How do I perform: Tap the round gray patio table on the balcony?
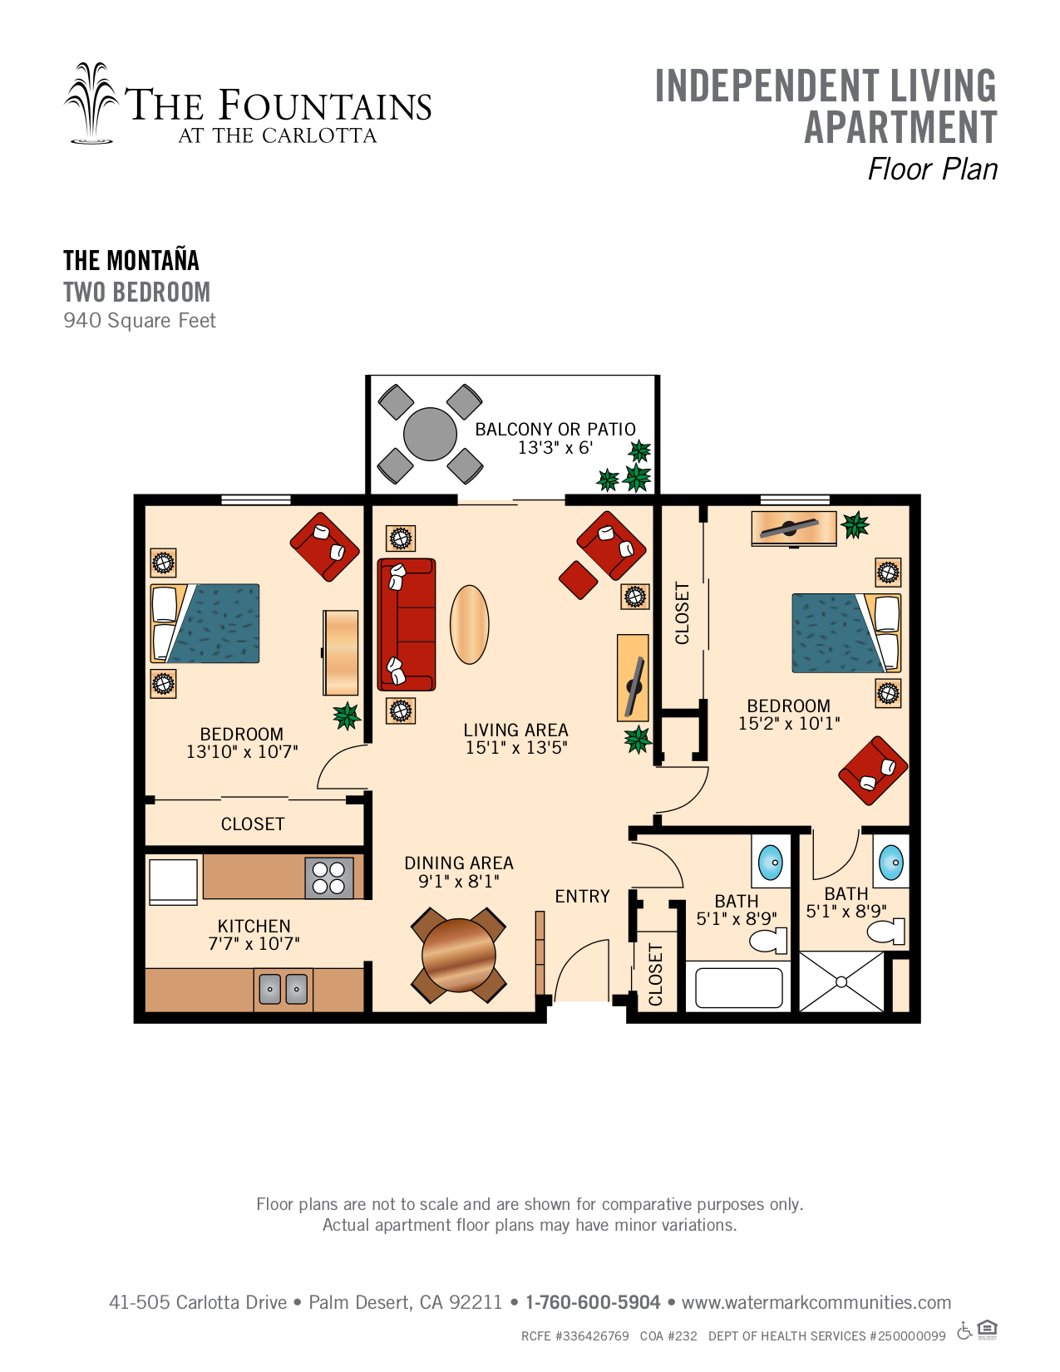point(430,434)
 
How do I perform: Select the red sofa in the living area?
point(407,624)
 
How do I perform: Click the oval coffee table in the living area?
point(469,624)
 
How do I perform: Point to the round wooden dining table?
point(458,955)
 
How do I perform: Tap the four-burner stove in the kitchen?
point(328,877)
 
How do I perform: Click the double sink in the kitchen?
point(283,988)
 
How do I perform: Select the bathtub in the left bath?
point(738,988)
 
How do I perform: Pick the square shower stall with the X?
point(841,981)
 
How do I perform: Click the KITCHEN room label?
point(254,926)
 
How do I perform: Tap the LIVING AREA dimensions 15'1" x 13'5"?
point(516,748)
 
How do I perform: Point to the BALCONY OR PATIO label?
point(555,430)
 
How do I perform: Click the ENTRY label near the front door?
point(583,896)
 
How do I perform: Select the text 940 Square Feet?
point(140,321)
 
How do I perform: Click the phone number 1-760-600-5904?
point(593,1302)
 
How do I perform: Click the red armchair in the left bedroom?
point(325,546)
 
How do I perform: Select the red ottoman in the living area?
point(578,579)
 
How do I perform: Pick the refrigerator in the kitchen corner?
point(173,881)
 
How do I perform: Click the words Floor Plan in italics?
point(933,170)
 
